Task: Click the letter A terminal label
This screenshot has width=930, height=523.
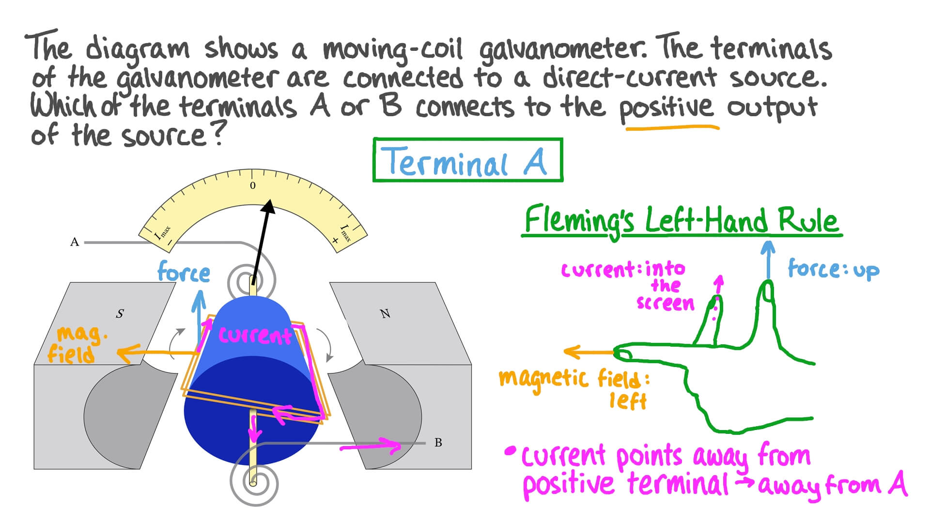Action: tap(75, 242)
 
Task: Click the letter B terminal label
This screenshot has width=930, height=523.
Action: tap(438, 443)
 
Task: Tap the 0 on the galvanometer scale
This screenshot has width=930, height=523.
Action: tap(252, 186)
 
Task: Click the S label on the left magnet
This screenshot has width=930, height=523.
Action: tap(120, 314)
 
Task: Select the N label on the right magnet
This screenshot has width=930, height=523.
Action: tap(385, 314)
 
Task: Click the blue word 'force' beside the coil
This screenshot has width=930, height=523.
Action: tap(184, 272)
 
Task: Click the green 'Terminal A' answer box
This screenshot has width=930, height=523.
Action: tap(467, 160)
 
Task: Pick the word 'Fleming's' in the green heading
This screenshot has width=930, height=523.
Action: tap(579, 220)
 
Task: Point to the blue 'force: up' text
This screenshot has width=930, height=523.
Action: tap(833, 269)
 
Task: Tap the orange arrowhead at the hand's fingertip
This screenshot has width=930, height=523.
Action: tap(572, 352)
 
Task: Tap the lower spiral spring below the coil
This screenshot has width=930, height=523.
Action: tap(253, 482)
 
